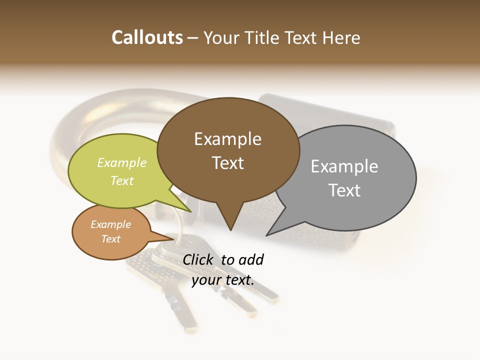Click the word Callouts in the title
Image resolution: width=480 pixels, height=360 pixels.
click(147, 37)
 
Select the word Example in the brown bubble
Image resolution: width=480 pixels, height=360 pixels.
click(227, 139)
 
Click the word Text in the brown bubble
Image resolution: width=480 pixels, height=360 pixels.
click(227, 163)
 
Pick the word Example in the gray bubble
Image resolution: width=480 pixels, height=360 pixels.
click(344, 166)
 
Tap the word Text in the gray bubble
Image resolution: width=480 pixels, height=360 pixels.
click(344, 190)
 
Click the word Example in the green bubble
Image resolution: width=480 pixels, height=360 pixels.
click(122, 163)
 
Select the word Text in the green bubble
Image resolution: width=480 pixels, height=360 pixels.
click(122, 180)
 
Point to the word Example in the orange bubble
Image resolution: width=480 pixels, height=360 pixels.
click(110, 224)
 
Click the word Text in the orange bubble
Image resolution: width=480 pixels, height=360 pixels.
click(110, 239)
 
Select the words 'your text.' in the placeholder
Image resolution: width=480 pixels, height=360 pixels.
click(222, 280)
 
